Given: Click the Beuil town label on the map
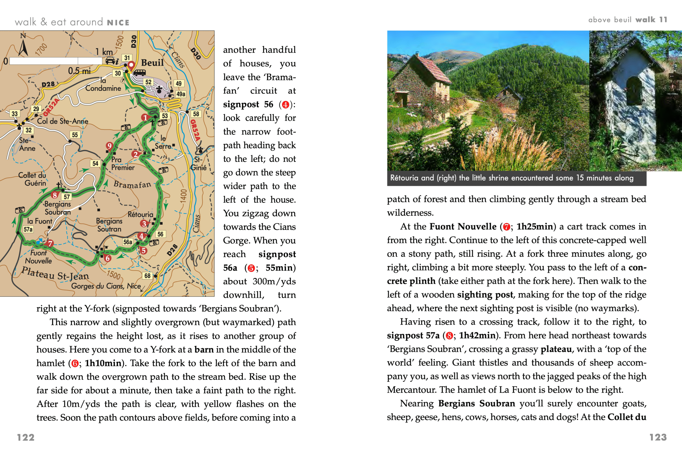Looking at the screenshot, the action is click(x=152, y=63).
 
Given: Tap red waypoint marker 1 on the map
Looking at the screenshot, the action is click(x=145, y=118).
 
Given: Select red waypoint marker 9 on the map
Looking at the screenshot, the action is click(x=109, y=146).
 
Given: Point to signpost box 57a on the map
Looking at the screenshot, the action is click(x=28, y=229).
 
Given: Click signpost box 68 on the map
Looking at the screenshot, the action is click(x=147, y=276).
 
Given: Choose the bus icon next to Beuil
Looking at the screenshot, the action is click(x=140, y=72).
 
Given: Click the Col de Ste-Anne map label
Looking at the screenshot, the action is click(x=62, y=121).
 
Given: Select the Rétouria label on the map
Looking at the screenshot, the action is click(x=140, y=214).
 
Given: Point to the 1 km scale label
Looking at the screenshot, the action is click(x=104, y=52).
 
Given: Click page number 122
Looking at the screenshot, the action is click(x=26, y=437).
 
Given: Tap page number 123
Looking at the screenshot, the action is click(x=658, y=437).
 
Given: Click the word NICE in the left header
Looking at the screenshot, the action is click(x=118, y=23).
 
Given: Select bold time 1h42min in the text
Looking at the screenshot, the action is click(x=477, y=335).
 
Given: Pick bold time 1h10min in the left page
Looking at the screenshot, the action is click(x=103, y=363).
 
